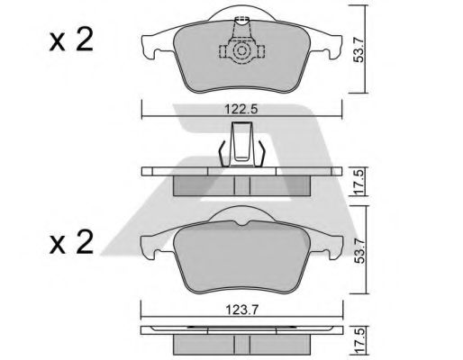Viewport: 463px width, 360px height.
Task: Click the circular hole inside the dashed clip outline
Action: pos(241,55)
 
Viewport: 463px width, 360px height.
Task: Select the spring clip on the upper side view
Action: pos(241,145)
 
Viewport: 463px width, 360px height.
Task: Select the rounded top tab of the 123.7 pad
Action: pos(241,213)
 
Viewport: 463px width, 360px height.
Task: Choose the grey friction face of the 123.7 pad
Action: pos(241,256)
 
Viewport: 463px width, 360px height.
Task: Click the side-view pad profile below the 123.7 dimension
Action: pos(241,340)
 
